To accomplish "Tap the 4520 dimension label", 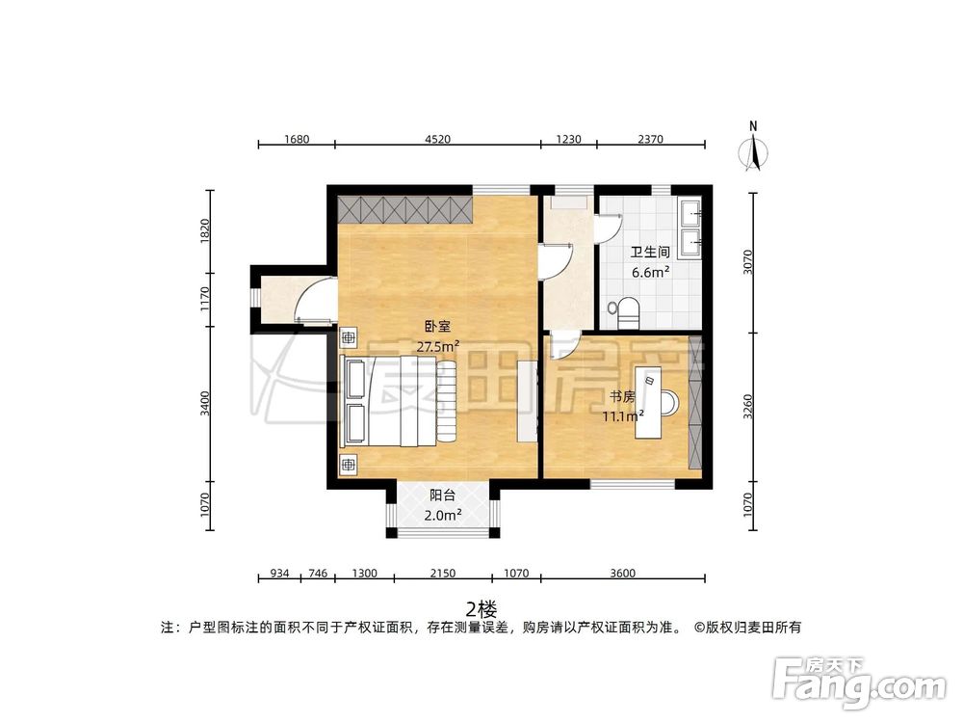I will [x=436, y=139].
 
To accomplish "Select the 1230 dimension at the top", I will [x=568, y=139].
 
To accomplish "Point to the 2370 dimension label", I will [x=650, y=139].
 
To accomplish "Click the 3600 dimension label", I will [x=622, y=574].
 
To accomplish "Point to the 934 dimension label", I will [x=279, y=574].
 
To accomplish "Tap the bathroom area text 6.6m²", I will [x=650, y=272].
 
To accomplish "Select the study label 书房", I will [x=620, y=396].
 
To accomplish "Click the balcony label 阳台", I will [x=442, y=495].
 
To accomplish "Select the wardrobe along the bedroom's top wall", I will [x=405, y=209].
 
